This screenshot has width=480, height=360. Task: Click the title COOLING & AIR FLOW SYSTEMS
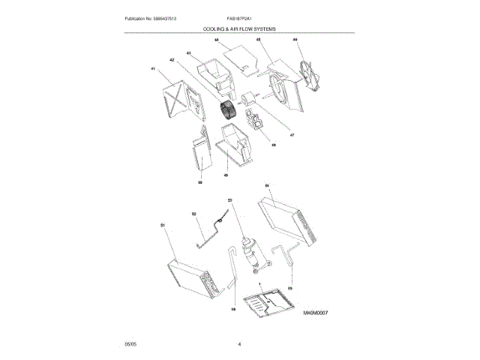click(x=239, y=28)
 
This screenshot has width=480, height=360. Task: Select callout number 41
click(x=153, y=69)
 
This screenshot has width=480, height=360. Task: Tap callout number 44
click(x=216, y=39)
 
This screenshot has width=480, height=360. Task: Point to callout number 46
click(x=295, y=39)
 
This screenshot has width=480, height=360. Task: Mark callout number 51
click(x=163, y=224)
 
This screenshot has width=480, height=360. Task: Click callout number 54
click(x=267, y=184)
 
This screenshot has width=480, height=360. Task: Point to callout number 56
click(x=233, y=307)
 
